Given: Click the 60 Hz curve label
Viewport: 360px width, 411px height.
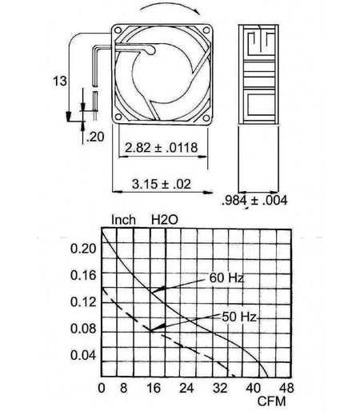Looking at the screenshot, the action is [226, 278].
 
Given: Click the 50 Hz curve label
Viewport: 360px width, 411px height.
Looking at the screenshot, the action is [239, 317].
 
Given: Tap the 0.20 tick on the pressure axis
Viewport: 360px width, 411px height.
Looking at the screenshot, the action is [83, 249].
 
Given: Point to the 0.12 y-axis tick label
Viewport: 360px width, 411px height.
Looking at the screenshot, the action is [83, 302].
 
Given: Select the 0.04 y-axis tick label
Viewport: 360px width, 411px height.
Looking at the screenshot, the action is [83, 355].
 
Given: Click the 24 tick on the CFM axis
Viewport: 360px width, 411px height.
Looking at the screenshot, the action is [186, 388].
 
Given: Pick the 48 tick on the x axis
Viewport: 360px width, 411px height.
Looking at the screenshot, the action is [286, 388].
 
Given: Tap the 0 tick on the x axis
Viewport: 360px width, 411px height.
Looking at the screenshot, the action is [102, 388].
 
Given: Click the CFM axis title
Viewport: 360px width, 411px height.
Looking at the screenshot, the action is [271, 401].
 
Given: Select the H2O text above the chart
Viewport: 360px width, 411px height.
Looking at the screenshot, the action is [165, 220].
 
